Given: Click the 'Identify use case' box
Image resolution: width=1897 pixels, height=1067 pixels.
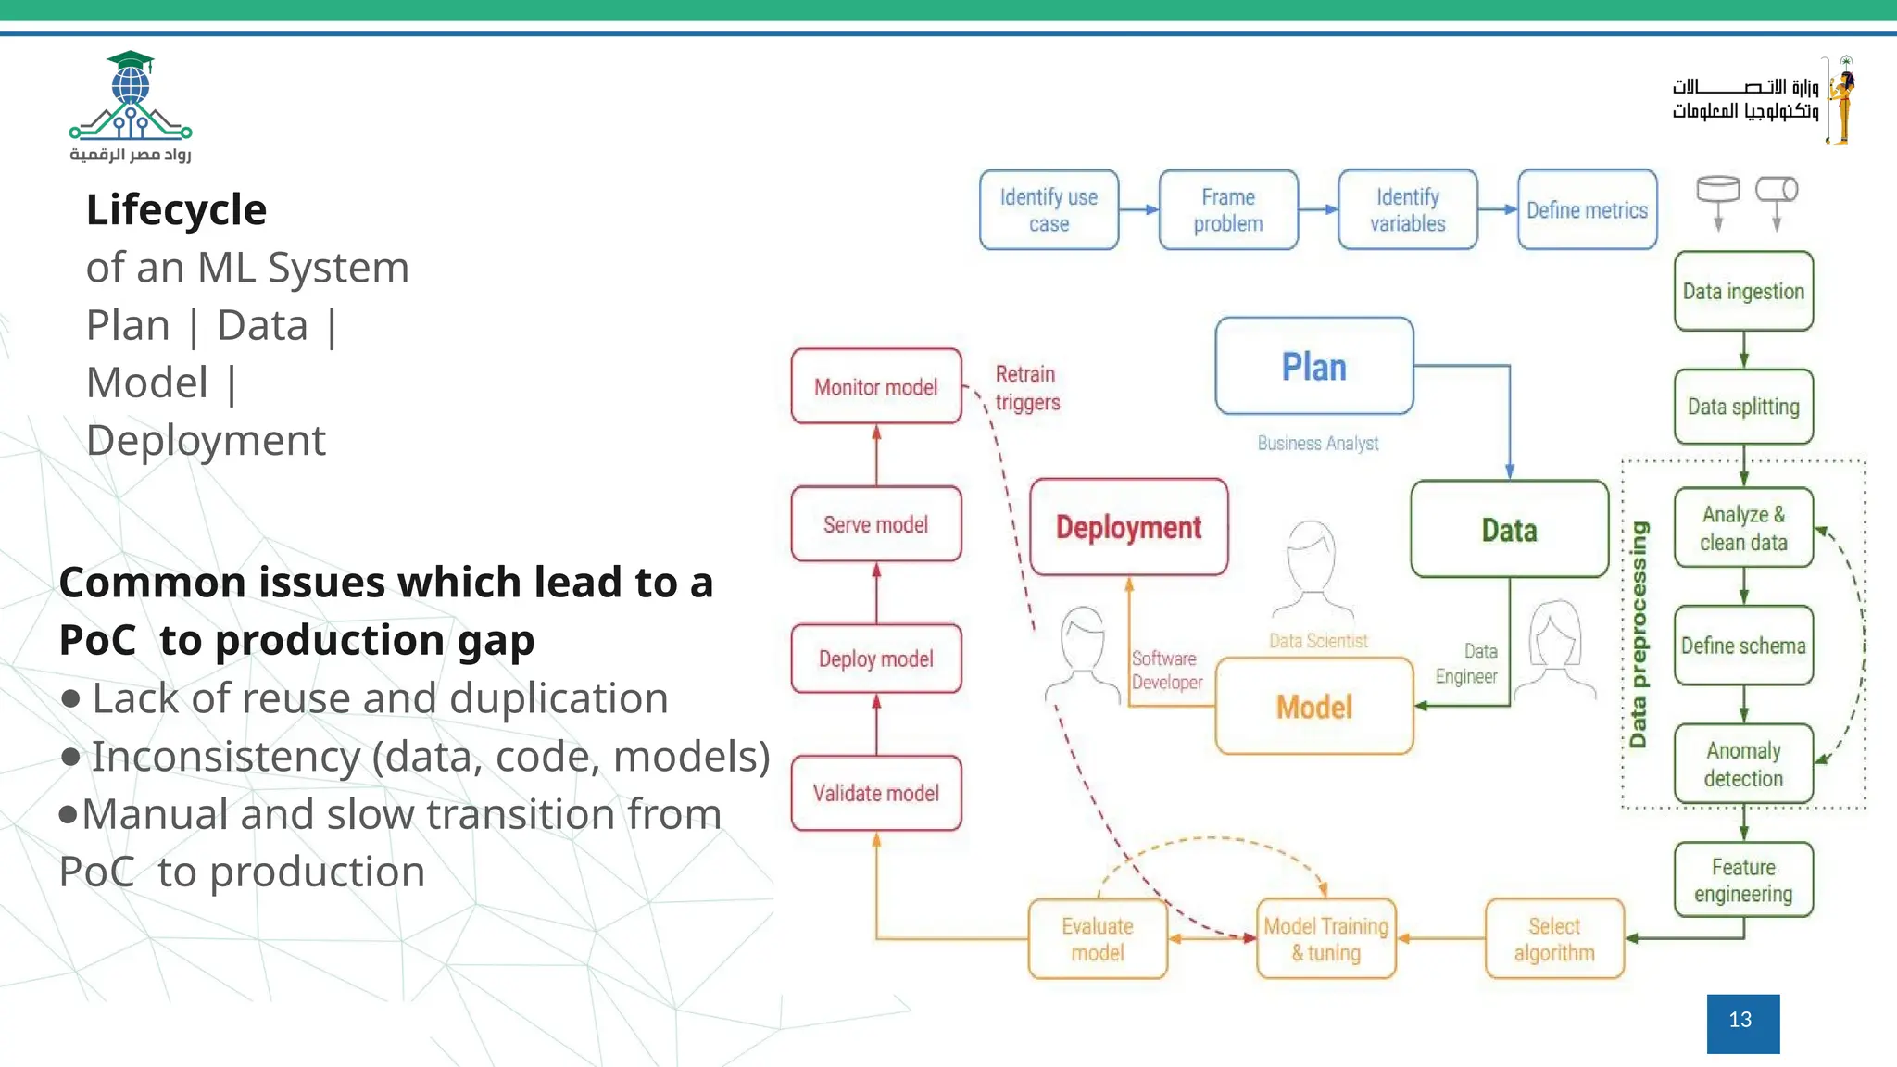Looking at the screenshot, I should click(x=1049, y=210).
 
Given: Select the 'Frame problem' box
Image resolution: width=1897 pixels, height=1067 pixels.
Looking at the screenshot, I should click(x=1228, y=210).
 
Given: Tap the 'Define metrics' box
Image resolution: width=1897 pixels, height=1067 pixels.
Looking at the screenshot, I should click(x=1587, y=210).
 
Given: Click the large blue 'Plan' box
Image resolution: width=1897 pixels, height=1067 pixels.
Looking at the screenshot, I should click(x=1313, y=367).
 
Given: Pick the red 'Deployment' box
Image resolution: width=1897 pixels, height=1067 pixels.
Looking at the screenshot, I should click(x=1128, y=527).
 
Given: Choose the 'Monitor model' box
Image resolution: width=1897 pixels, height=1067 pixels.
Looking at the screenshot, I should click(x=876, y=387).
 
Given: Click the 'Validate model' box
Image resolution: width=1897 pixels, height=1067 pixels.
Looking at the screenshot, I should click(x=876, y=793).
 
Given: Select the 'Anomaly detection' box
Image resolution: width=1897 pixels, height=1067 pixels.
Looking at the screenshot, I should click(x=1743, y=764).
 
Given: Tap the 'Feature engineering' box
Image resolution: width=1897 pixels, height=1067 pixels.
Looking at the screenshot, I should click(x=1743, y=880).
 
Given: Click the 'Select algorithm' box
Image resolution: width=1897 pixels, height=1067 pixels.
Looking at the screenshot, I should click(x=1554, y=939).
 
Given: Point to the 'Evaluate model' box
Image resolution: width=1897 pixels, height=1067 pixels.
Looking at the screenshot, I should click(x=1098, y=939).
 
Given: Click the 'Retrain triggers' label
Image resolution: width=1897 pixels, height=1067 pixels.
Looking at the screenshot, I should click(x=1026, y=388).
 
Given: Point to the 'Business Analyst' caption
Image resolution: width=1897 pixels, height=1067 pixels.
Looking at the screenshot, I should click(x=1317, y=444).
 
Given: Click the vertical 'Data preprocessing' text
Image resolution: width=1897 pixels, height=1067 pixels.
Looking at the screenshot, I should click(x=1639, y=634).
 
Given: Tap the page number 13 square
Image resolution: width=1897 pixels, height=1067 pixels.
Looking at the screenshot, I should click(x=1742, y=1023).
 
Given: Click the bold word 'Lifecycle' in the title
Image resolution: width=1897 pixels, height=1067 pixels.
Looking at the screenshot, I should click(x=176, y=209).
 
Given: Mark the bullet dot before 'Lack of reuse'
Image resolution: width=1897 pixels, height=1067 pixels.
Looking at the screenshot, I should click(x=70, y=698).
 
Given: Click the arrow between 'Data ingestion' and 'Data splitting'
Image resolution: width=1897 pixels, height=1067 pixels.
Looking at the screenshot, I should click(x=1743, y=350).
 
